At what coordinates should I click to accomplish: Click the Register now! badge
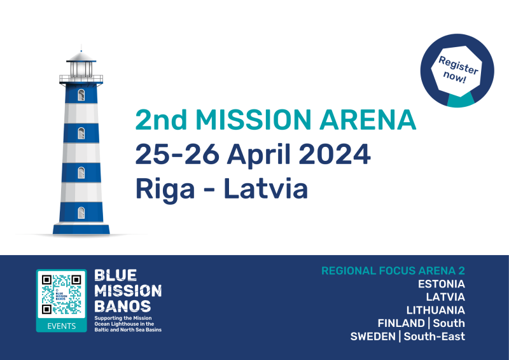pyautogui.click(x=457, y=71)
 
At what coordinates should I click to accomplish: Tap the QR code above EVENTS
pyautogui.click(x=61, y=294)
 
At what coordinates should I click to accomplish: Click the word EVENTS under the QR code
pyautogui.click(x=61, y=326)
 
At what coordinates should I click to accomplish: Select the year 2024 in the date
pyautogui.click(x=335, y=154)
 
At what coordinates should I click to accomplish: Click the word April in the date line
pyautogui.click(x=258, y=156)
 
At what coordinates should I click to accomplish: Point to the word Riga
pyautogui.click(x=165, y=190)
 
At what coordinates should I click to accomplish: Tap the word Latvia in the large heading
pyautogui.click(x=266, y=188)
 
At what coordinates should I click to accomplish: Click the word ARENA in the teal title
pyautogui.click(x=368, y=120)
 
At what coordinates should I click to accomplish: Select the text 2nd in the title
pyautogui.click(x=161, y=120)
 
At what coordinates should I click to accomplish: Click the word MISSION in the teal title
pyautogui.click(x=253, y=120)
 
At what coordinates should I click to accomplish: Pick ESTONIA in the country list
pyautogui.click(x=442, y=284)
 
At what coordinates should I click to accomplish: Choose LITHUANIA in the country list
pyautogui.click(x=436, y=310)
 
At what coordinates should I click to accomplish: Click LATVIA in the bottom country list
pyautogui.click(x=445, y=297)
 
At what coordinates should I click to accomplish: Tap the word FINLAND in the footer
pyautogui.click(x=401, y=323)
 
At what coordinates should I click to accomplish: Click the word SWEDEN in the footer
pyautogui.click(x=373, y=336)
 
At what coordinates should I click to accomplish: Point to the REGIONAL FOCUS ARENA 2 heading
pyautogui.click(x=393, y=271)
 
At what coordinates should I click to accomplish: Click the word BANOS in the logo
pyautogui.click(x=122, y=306)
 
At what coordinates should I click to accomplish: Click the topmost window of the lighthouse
pyautogui.click(x=81, y=95)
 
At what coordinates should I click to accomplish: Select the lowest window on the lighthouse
pyautogui.click(x=81, y=213)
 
